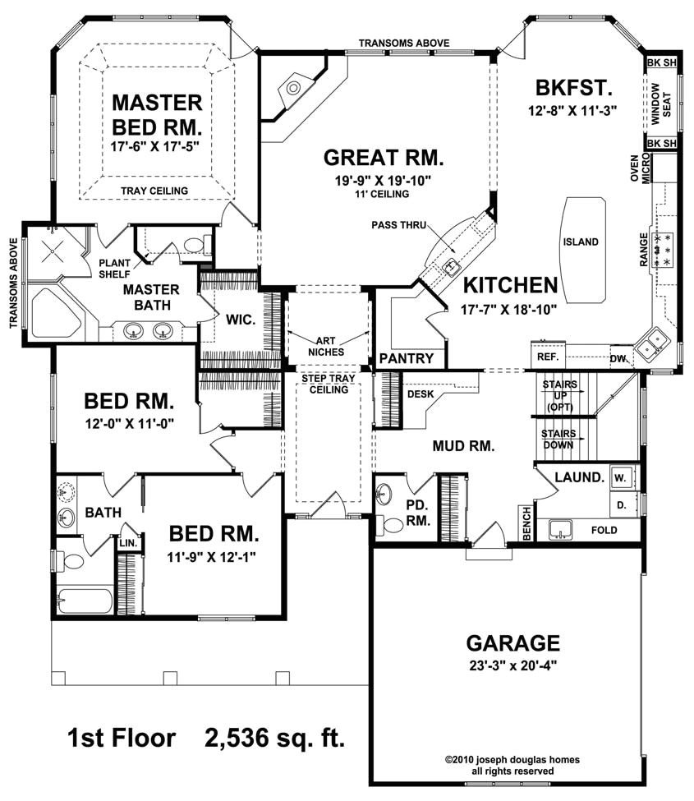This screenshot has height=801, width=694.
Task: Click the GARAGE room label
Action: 512,642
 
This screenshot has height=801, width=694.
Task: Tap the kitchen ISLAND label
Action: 581,242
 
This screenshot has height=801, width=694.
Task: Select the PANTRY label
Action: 406,358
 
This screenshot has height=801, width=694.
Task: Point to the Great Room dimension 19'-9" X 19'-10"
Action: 383,180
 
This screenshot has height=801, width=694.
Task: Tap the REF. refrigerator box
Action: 548,356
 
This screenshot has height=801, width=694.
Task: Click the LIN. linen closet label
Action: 128,543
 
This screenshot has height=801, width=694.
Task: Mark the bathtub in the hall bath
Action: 85,601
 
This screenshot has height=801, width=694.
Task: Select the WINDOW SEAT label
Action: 661,104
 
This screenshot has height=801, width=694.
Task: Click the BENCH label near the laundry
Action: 526,524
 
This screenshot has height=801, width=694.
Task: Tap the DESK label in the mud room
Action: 421,394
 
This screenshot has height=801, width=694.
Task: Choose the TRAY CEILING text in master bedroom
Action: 154,191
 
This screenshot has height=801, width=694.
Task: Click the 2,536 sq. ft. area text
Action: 275,739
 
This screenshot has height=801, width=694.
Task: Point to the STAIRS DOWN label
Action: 558,440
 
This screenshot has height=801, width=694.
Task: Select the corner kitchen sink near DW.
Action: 650,344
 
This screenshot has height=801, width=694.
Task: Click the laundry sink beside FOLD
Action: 561,530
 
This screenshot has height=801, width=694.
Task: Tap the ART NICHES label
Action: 326,347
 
